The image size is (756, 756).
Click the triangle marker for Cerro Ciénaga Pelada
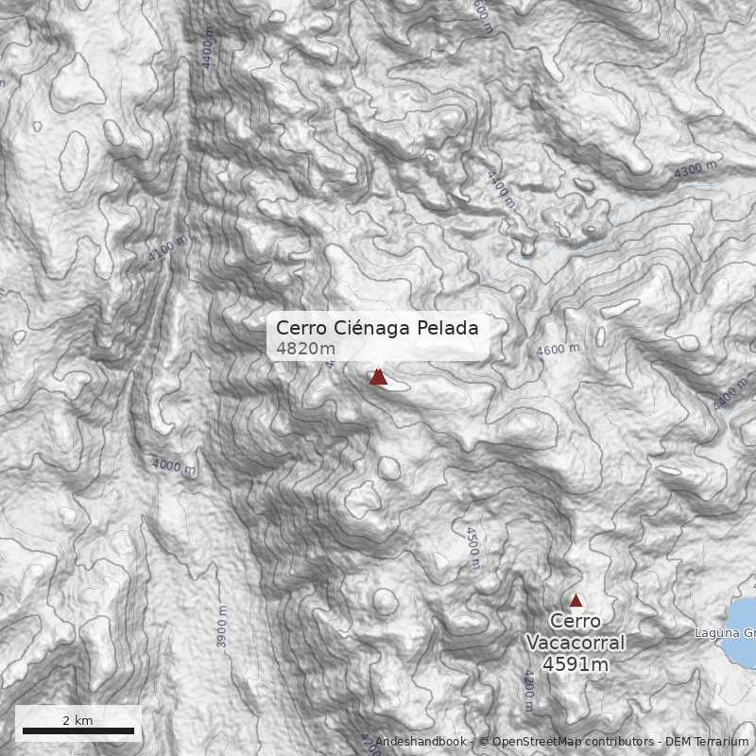[x=378, y=376]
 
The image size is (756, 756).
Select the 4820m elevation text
[x=305, y=349]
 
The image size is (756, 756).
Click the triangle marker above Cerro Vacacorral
[x=576, y=600]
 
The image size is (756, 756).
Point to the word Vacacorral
[x=576, y=643]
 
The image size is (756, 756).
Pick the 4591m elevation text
[x=576, y=664]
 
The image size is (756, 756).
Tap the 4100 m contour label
[x=168, y=248]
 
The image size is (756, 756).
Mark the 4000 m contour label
[x=173, y=466]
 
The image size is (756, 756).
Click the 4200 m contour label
[x=527, y=690]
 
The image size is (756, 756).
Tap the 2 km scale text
[x=77, y=720]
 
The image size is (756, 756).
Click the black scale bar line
[x=77, y=730]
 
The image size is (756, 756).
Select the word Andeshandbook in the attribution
[x=420, y=742]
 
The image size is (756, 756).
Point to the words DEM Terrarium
[x=707, y=742]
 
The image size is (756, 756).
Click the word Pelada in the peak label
[x=448, y=328]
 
